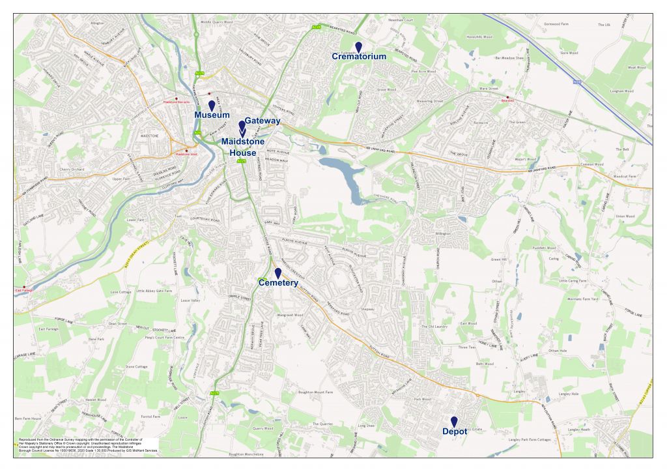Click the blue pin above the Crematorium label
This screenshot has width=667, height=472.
pyautogui.click(x=358, y=47)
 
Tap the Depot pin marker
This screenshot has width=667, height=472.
pyautogui.click(x=454, y=422)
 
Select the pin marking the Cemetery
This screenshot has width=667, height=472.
pyautogui.click(x=278, y=273)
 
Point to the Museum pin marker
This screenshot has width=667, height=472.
pyautogui.click(x=211, y=106)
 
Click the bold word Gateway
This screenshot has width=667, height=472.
pyautogui.click(x=263, y=121)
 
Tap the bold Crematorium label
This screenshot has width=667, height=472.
pyautogui.click(x=359, y=57)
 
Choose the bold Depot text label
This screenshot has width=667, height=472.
pyautogui.click(x=455, y=432)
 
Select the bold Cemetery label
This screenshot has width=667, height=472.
pyautogui.click(x=278, y=283)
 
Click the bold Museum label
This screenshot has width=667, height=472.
pyautogui.click(x=212, y=115)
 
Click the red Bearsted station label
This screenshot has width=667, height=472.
pyautogui.click(x=507, y=101)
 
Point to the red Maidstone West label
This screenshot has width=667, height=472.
pyautogui.click(x=186, y=154)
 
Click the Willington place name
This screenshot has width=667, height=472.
pyautogui.click(x=443, y=233)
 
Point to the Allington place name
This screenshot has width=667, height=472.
pyautogui.click(x=98, y=23)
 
